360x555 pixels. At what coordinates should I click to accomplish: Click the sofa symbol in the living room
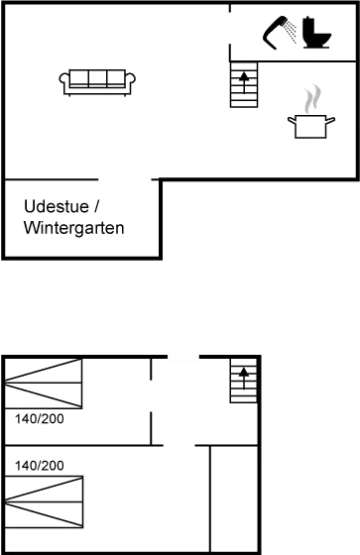pyautogui.click(x=96, y=82)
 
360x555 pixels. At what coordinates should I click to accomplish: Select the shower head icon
pyautogui.click(x=280, y=31)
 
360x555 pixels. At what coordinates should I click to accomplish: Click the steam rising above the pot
pyautogui.click(x=310, y=99)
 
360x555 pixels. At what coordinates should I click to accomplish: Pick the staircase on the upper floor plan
pyautogui.click(x=244, y=84)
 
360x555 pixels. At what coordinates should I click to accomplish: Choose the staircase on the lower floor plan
pyautogui.click(x=243, y=382)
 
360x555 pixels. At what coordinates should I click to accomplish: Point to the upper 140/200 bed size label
pyautogui.click(x=40, y=419)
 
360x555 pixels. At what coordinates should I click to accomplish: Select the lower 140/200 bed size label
pyautogui.click(x=40, y=465)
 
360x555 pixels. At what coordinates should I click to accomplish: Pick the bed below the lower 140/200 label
pyautogui.click(x=44, y=500)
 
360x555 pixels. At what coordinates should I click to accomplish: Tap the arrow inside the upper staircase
pyautogui.click(x=244, y=75)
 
